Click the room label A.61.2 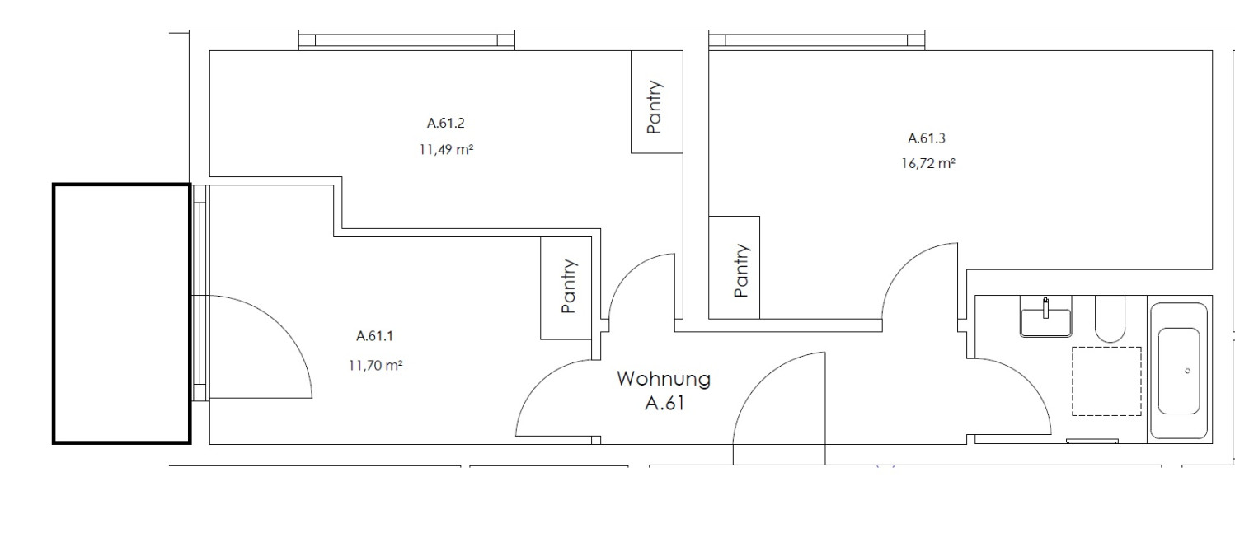445,123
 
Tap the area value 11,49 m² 446,149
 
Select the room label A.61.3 927,138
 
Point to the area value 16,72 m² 928,164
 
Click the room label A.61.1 374,336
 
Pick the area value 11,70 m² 375,366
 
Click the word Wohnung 664,379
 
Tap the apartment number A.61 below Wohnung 665,404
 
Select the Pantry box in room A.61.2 656,102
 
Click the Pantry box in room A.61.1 566,288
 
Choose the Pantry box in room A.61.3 734,268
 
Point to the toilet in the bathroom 1110,319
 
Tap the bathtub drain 1187,371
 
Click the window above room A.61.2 406,41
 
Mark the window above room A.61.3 816,41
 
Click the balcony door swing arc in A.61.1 283,325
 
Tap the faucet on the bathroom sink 1046,308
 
